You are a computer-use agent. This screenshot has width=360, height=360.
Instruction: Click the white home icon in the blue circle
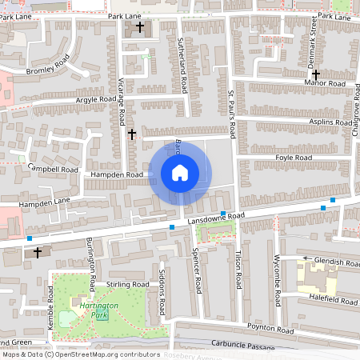(x=179, y=172)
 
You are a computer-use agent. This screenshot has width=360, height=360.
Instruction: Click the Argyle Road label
(x=95, y=100)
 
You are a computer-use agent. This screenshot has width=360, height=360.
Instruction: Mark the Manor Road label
(x=325, y=82)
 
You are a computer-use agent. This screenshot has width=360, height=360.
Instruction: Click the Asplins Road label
(x=330, y=122)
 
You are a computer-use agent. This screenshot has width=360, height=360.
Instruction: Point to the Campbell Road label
(x=53, y=169)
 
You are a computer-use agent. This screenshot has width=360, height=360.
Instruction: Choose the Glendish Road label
(x=337, y=262)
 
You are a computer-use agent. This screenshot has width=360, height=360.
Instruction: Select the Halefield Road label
(x=330, y=298)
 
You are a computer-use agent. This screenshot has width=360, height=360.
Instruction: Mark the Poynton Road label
(x=266, y=326)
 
